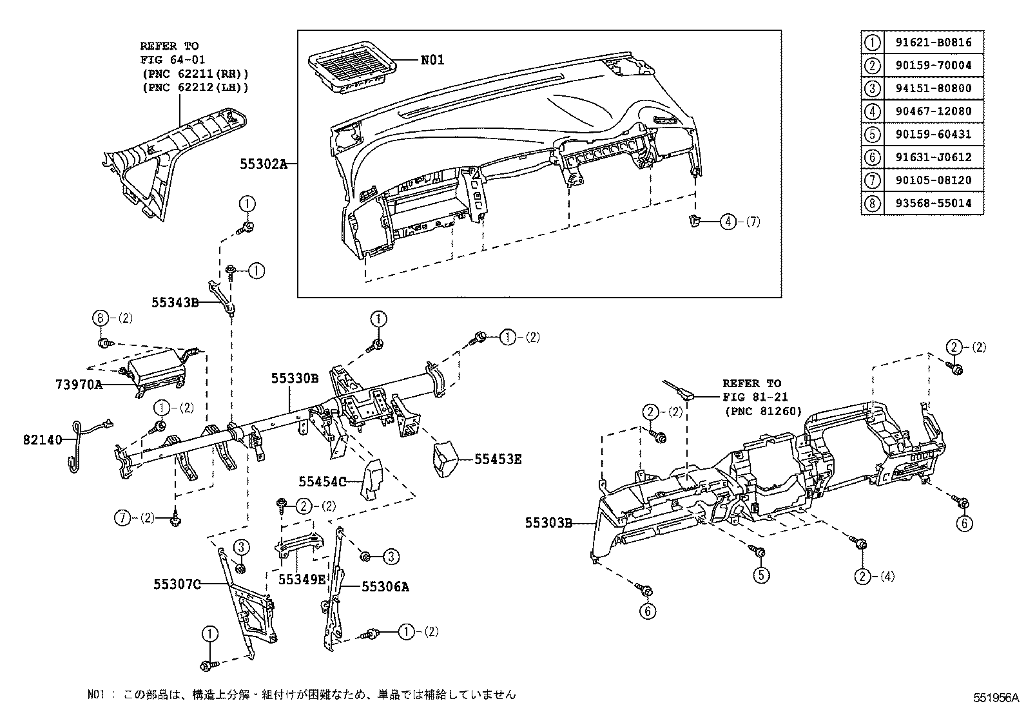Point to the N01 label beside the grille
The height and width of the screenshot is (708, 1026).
click(x=432, y=61)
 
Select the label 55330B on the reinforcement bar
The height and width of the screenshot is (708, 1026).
click(x=295, y=379)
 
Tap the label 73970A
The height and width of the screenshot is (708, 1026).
click(x=79, y=385)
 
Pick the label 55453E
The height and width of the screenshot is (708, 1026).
click(x=498, y=459)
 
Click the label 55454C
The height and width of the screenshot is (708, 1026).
click(x=323, y=481)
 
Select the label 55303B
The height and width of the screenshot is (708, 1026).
click(x=548, y=524)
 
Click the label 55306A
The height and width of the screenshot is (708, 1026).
click(x=385, y=586)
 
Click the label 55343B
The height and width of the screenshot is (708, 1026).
click(x=175, y=301)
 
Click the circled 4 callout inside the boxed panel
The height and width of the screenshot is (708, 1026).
click(x=727, y=222)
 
